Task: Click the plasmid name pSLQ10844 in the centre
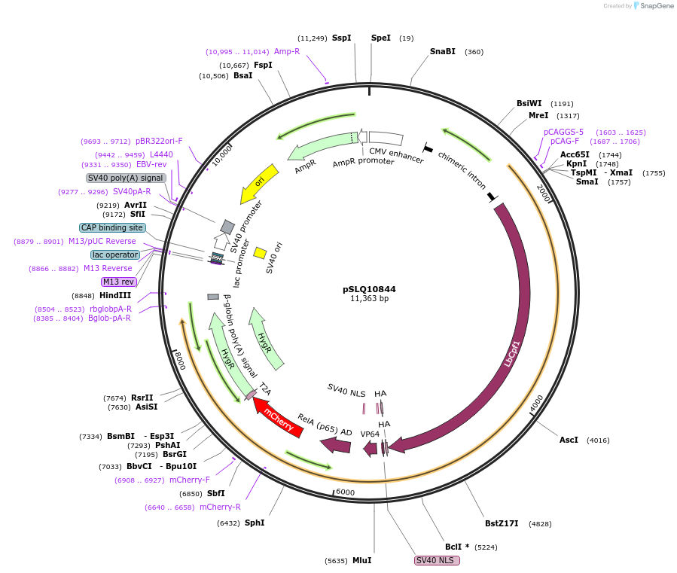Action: [x=369, y=288]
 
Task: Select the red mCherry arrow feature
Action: [x=278, y=418]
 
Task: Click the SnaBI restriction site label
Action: [x=442, y=52]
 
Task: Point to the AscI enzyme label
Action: [x=569, y=440]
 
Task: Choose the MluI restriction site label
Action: [x=361, y=560]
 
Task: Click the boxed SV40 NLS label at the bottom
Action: [x=437, y=560]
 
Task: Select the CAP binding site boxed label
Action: [x=112, y=227]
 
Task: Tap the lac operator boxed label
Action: [x=115, y=254]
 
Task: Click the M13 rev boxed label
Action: [x=119, y=282]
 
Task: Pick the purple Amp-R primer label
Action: [x=287, y=52]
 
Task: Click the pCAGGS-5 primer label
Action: [x=563, y=132]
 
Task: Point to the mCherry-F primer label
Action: [x=190, y=480]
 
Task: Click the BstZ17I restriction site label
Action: [x=502, y=523]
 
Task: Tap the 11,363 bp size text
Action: [x=369, y=299]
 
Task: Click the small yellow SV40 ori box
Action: [x=260, y=253]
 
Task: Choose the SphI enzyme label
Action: [x=255, y=523]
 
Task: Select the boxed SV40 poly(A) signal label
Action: [x=126, y=178]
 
